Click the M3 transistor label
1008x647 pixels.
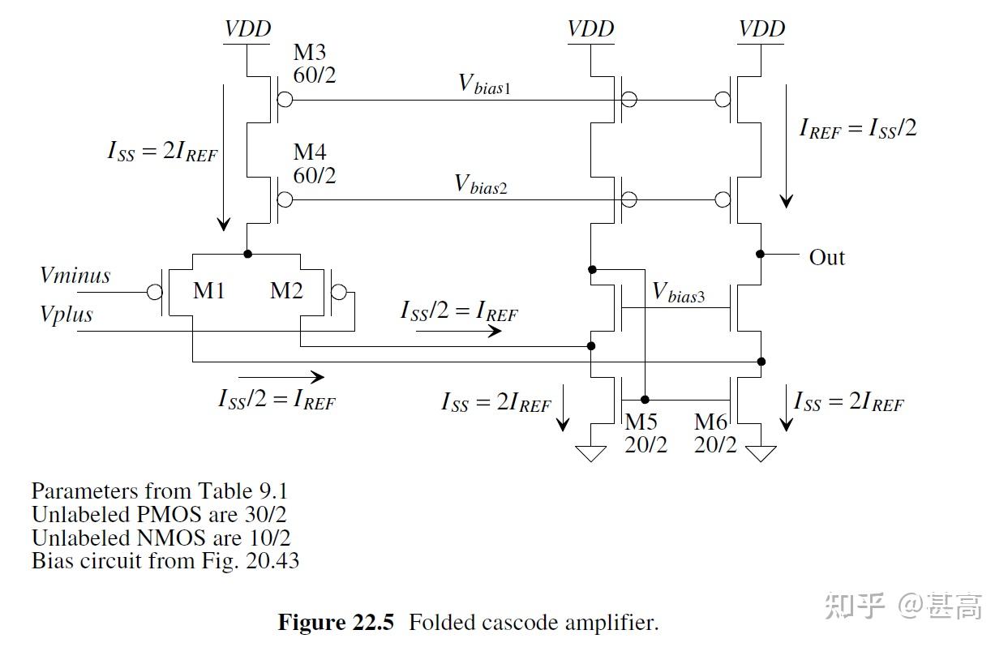click(310, 53)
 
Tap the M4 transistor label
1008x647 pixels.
click(310, 152)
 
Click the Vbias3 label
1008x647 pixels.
click(679, 293)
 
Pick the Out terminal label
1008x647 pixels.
click(826, 258)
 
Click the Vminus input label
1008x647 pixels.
click(75, 276)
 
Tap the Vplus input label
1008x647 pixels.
click(66, 314)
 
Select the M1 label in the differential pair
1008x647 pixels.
click(208, 290)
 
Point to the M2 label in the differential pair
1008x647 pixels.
click(286, 290)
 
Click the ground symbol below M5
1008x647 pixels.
click(590, 453)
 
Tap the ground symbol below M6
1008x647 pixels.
click(761, 453)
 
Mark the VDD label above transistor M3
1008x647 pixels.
click(248, 29)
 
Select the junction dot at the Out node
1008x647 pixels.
click(761, 254)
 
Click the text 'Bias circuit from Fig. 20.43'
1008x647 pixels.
click(165, 560)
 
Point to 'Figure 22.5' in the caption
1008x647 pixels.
click(336, 623)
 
